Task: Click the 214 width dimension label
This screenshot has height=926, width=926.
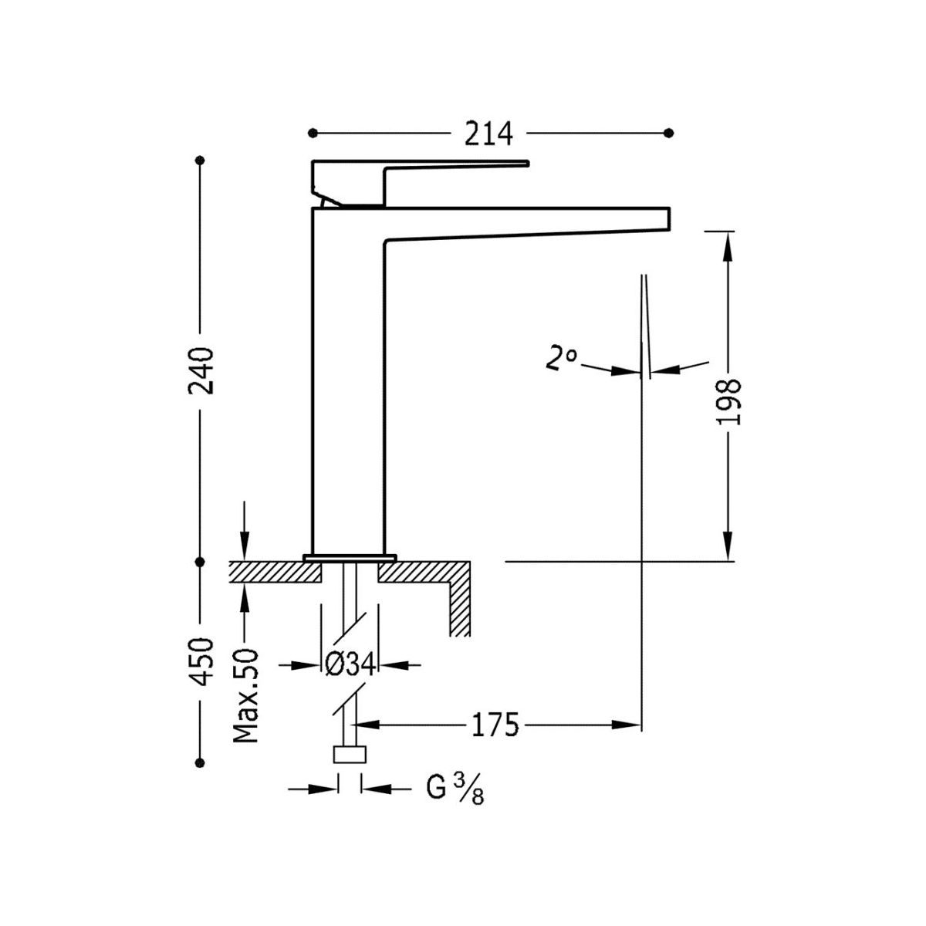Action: [489, 133]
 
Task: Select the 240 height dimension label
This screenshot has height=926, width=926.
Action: [201, 370]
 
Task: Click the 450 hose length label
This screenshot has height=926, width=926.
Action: [201, 661]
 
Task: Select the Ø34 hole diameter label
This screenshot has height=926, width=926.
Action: [350, 664]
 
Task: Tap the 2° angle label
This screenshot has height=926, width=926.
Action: [560, 359]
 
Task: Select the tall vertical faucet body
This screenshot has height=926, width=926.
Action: [347, 386]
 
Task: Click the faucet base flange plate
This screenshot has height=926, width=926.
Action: [350, 556]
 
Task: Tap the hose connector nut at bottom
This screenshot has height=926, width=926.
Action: [350, 754]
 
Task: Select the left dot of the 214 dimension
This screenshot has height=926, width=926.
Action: [313, 133]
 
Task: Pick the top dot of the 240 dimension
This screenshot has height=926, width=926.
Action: [201, 161]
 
